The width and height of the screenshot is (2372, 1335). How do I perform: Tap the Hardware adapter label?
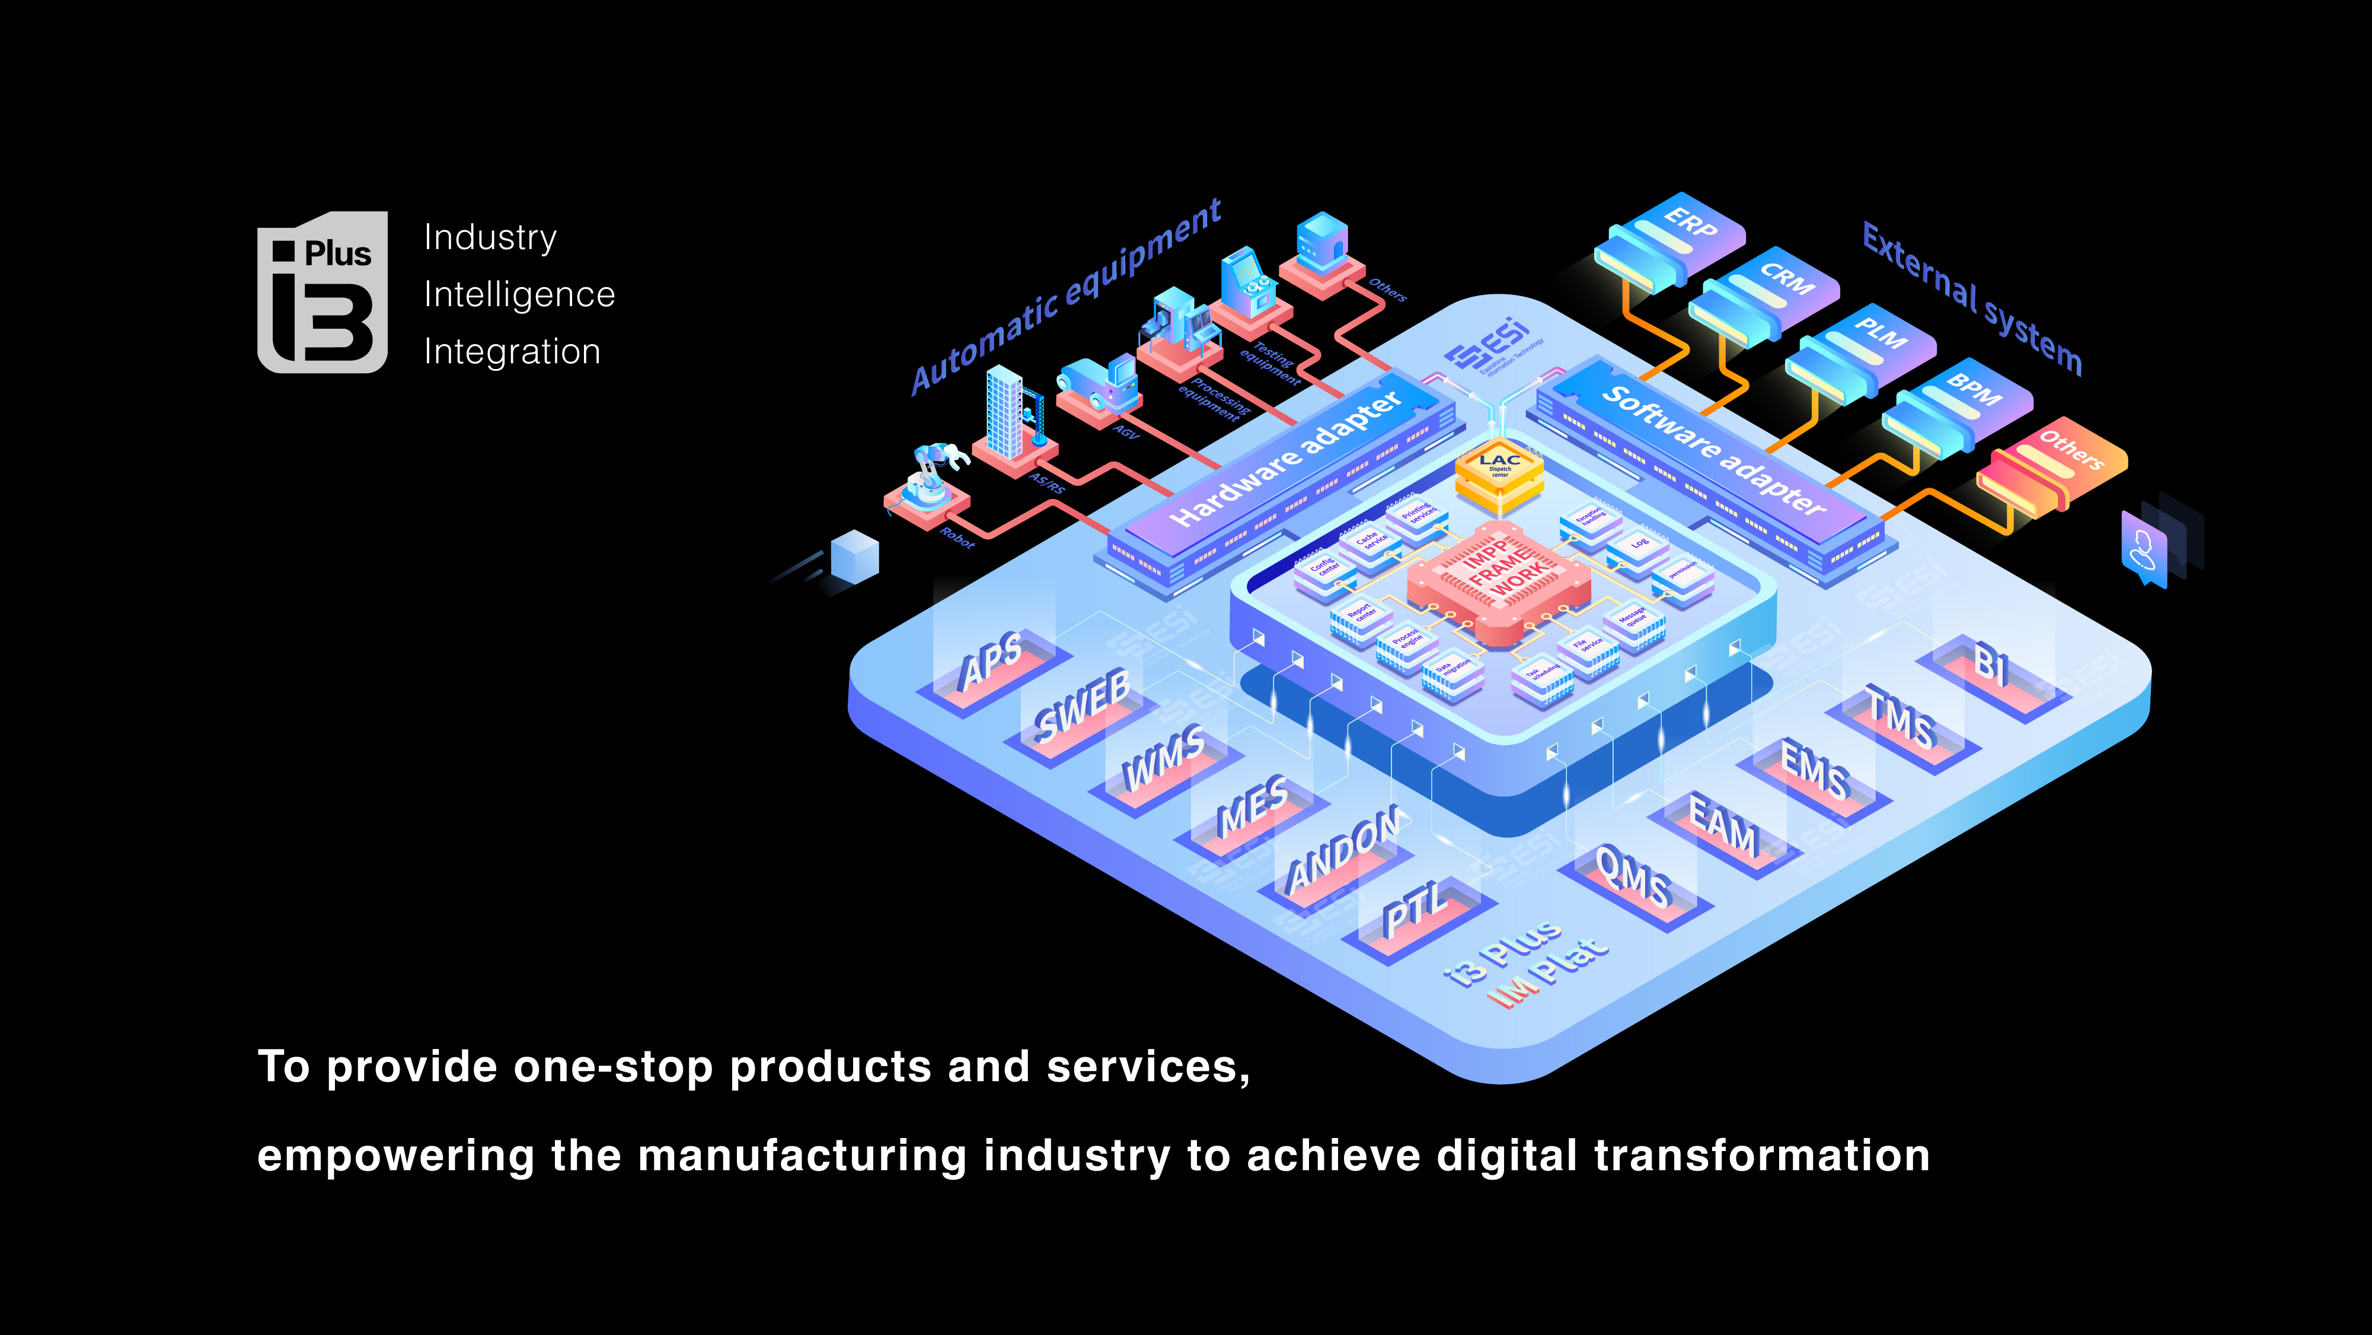1285,460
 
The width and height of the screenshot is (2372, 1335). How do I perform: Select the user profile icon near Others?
2144,549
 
